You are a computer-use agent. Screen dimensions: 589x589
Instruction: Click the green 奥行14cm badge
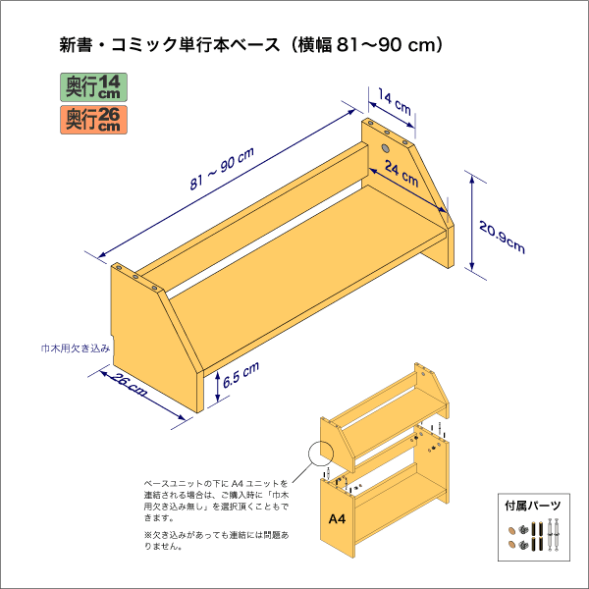(x=93, y=86)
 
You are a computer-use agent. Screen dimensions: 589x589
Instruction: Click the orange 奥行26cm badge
(x=93, y=120)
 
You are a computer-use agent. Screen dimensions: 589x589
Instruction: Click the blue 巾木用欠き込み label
(x=76, y=348)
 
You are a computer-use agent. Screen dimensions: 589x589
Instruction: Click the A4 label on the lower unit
(x=336, y=517)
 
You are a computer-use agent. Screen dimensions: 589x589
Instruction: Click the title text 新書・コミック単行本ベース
(x=168, y=44)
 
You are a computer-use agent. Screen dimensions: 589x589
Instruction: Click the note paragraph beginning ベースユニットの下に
(x=217, y=500)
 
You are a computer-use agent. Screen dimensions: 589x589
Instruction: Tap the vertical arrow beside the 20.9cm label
(x=475, y=224)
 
